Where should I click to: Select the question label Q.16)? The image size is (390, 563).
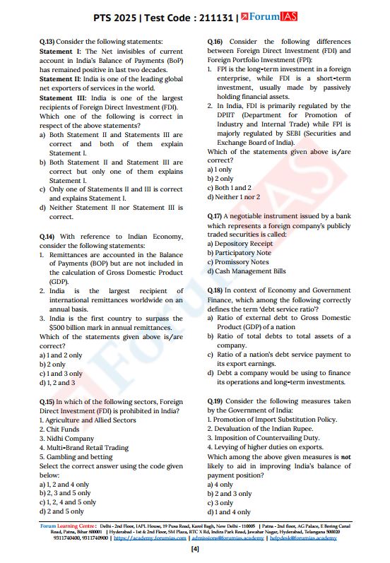[216, 42]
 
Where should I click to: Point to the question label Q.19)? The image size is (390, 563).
[216, 401]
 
